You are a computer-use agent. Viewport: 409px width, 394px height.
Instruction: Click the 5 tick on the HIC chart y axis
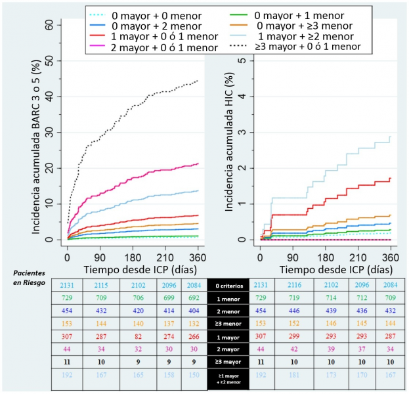click(244, 60)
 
